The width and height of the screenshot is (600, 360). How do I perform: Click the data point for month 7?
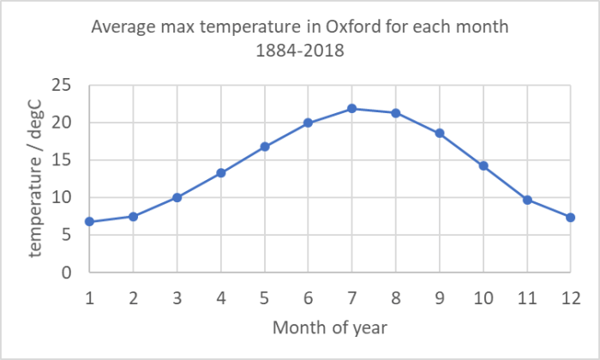pyautogui.click(x=351, y=108)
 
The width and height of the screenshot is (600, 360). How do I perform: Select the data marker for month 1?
pyautogui.click(x=89, y=222)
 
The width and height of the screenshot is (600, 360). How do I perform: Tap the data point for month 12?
pyautogui.click(x=570, y=217)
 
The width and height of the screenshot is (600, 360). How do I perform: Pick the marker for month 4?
pyautogui.click(x=220, y=172)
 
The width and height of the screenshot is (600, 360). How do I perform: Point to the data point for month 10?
pyautogui.click(x=483, y=165)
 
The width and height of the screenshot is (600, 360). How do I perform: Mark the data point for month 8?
pyautogui.click(x=395, y=113)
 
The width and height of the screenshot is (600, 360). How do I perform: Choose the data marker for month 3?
pyautogui.click(x=177, y=197)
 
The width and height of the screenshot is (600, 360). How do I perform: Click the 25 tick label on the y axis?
pyautogui.click(x=62, y=85)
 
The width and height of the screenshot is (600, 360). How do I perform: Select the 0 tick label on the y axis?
pyautogui.click(x=67, y=273)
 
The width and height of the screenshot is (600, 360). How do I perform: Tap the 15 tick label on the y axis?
pyautogui.click(x=62, y=160)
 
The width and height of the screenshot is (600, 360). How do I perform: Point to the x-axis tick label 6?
pyautogui.click(x=308, y=296)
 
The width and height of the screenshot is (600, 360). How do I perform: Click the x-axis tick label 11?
pyautogui.click(x=526, y=296)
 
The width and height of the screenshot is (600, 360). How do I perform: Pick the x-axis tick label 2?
pyautogui.click(x=133, y=296)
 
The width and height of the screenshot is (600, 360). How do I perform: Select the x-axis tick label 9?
pyautogui.click(x=439, y=296)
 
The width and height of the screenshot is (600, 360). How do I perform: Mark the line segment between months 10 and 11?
pyautogui.click(x=505, y=183)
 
